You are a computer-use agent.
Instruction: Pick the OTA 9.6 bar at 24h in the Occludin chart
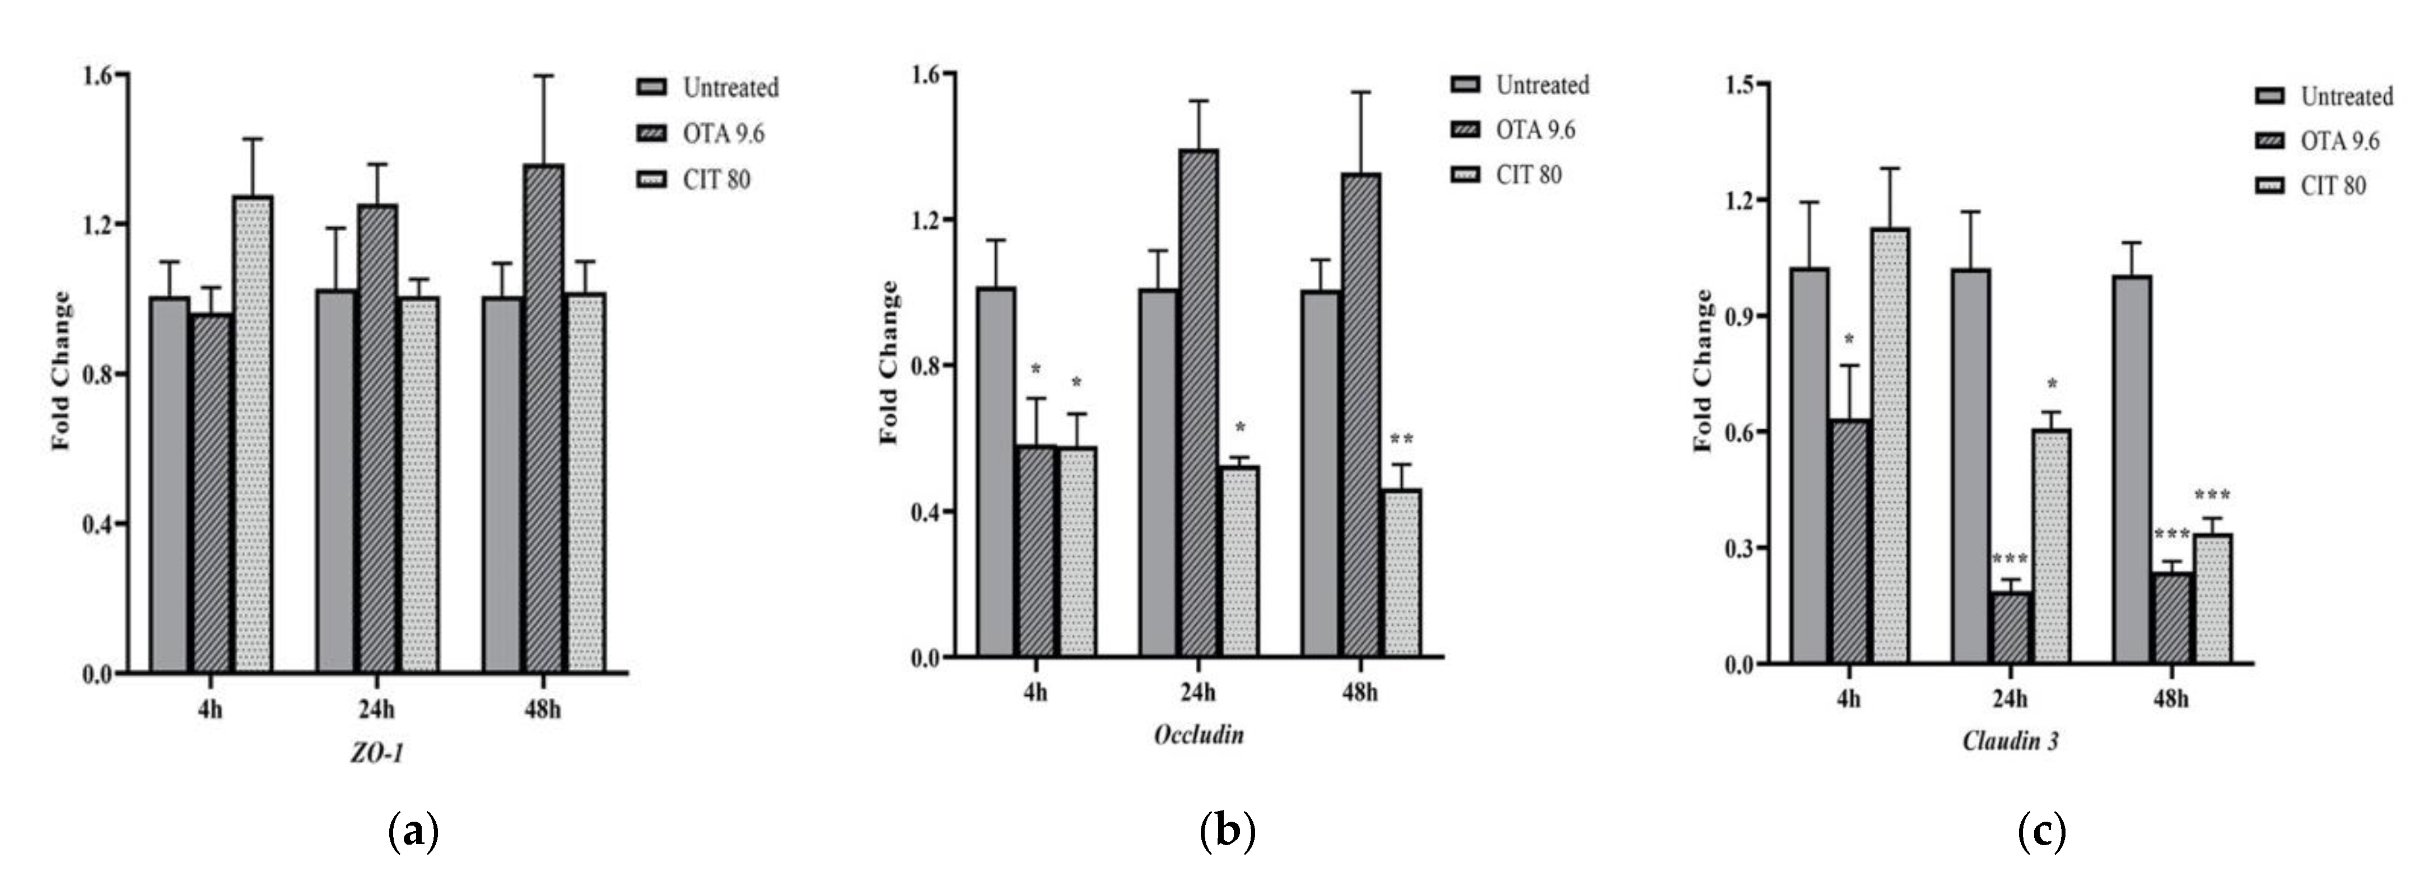pyautogui.click(x=1198, y=403)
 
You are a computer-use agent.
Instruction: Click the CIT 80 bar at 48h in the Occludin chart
pyautogui.click(x=1401, y=571)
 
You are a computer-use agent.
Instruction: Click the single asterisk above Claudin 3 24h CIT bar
pyautogui.click(x=2052, y=384)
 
